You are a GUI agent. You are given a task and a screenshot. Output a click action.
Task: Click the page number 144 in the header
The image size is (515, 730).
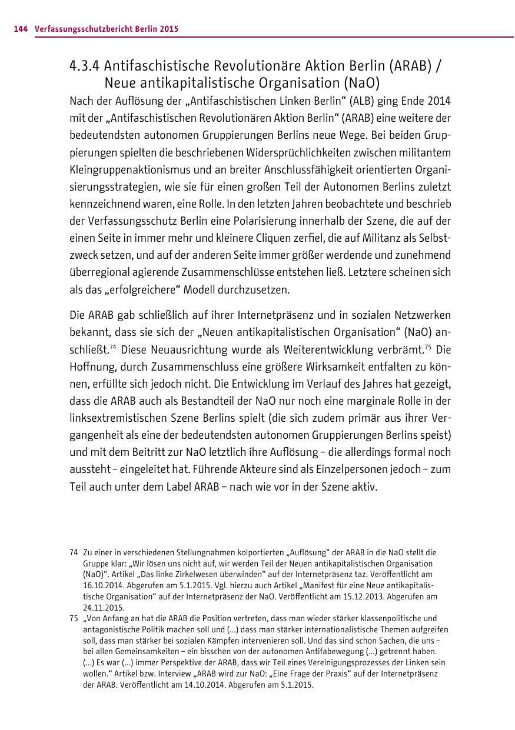click(21, 29)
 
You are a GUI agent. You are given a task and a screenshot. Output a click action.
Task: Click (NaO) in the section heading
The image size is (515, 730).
click(359, 82)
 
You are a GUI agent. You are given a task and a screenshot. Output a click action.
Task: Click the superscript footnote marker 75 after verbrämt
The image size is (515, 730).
click(429, 346)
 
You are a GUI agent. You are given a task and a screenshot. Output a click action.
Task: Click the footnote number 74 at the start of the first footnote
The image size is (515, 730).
click(74, 553)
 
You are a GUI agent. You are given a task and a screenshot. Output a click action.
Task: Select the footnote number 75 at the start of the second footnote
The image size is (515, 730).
click(74, 618)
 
